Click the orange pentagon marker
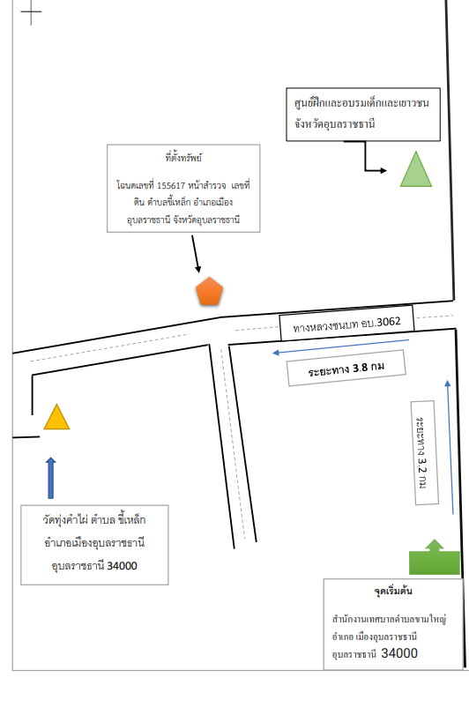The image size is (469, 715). pos(209,292)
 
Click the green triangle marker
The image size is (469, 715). pos(416,169)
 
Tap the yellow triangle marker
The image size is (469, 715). pos(56,417)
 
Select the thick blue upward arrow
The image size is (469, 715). pos(51,478)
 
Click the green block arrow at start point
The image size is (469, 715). pos(435,557)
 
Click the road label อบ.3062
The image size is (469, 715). pos(346,324)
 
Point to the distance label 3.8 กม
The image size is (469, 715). pos(346,369)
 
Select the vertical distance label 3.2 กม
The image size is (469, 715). pos(422,452)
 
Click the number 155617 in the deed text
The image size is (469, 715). pos(171,186)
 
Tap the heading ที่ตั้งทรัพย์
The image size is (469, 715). pos(183,158)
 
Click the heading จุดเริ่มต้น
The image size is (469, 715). pos(393,591)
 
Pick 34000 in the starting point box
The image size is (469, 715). pos(399,653)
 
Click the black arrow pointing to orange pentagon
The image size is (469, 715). pos(196,254)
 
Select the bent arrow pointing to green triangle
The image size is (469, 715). pos(365,157)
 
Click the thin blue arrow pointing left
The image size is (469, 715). pos(340,346)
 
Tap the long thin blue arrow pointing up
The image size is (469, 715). pos(450,447)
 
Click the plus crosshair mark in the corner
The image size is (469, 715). pos(31,11)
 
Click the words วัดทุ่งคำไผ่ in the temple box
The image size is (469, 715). pos(65,520)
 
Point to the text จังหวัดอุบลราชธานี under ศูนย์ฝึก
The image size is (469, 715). pos(334,123)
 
